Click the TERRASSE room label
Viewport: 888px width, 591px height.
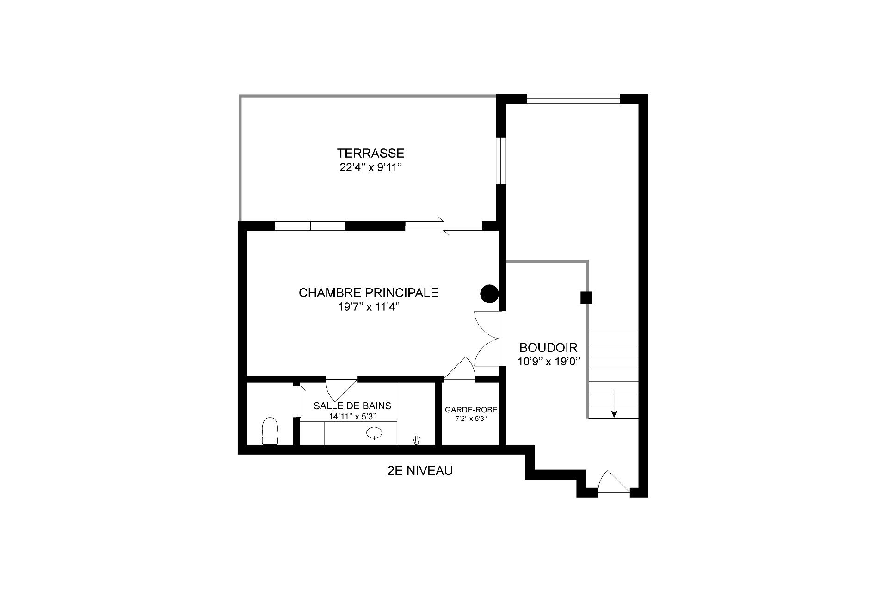click(370, 153)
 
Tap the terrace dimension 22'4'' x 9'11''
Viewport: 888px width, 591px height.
click(370, 167)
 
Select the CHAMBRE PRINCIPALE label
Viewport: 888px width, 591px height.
click(369, 293)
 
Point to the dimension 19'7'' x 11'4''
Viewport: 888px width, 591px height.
click(369, 308)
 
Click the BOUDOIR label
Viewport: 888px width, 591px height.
click(549, 347)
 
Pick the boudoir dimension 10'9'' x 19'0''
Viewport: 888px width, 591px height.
click(549, 362)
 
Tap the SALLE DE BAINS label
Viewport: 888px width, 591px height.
click(352, 406)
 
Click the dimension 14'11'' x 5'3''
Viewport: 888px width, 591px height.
click(352, 416)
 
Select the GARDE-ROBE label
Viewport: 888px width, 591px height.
click(471, 410)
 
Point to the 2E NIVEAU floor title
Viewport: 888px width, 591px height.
click(420, 471)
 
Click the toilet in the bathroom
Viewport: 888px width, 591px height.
click(270, 431)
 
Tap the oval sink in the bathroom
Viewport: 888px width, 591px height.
click(374, 433)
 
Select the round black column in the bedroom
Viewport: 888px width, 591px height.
click(489, 293)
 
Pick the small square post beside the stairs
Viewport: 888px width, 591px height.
click(586, 298)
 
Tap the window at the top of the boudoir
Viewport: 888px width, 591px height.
click(573, 98)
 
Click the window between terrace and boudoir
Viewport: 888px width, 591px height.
click(501, 160)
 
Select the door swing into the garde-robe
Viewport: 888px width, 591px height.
click(459, 369)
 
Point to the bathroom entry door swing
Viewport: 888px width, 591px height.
click(341, 390)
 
